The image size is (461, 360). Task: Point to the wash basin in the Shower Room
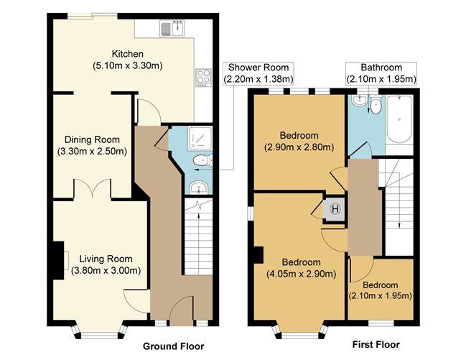[x=197, y=188]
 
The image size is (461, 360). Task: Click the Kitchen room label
[x=127, y=54]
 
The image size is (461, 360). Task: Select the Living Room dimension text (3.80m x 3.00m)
[x=106, y=271]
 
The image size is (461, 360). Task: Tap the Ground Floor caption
[x=173, y=346]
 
